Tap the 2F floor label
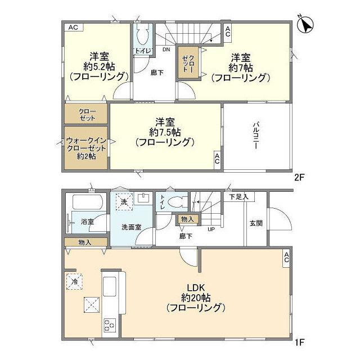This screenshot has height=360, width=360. [x=299, y=177]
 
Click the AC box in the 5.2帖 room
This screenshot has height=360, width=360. [x=73, y=27]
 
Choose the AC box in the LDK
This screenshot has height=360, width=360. [x=286, y=258]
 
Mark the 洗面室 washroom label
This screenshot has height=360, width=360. [x=130, y=227]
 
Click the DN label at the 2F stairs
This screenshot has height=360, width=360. [x=166, y=49]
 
